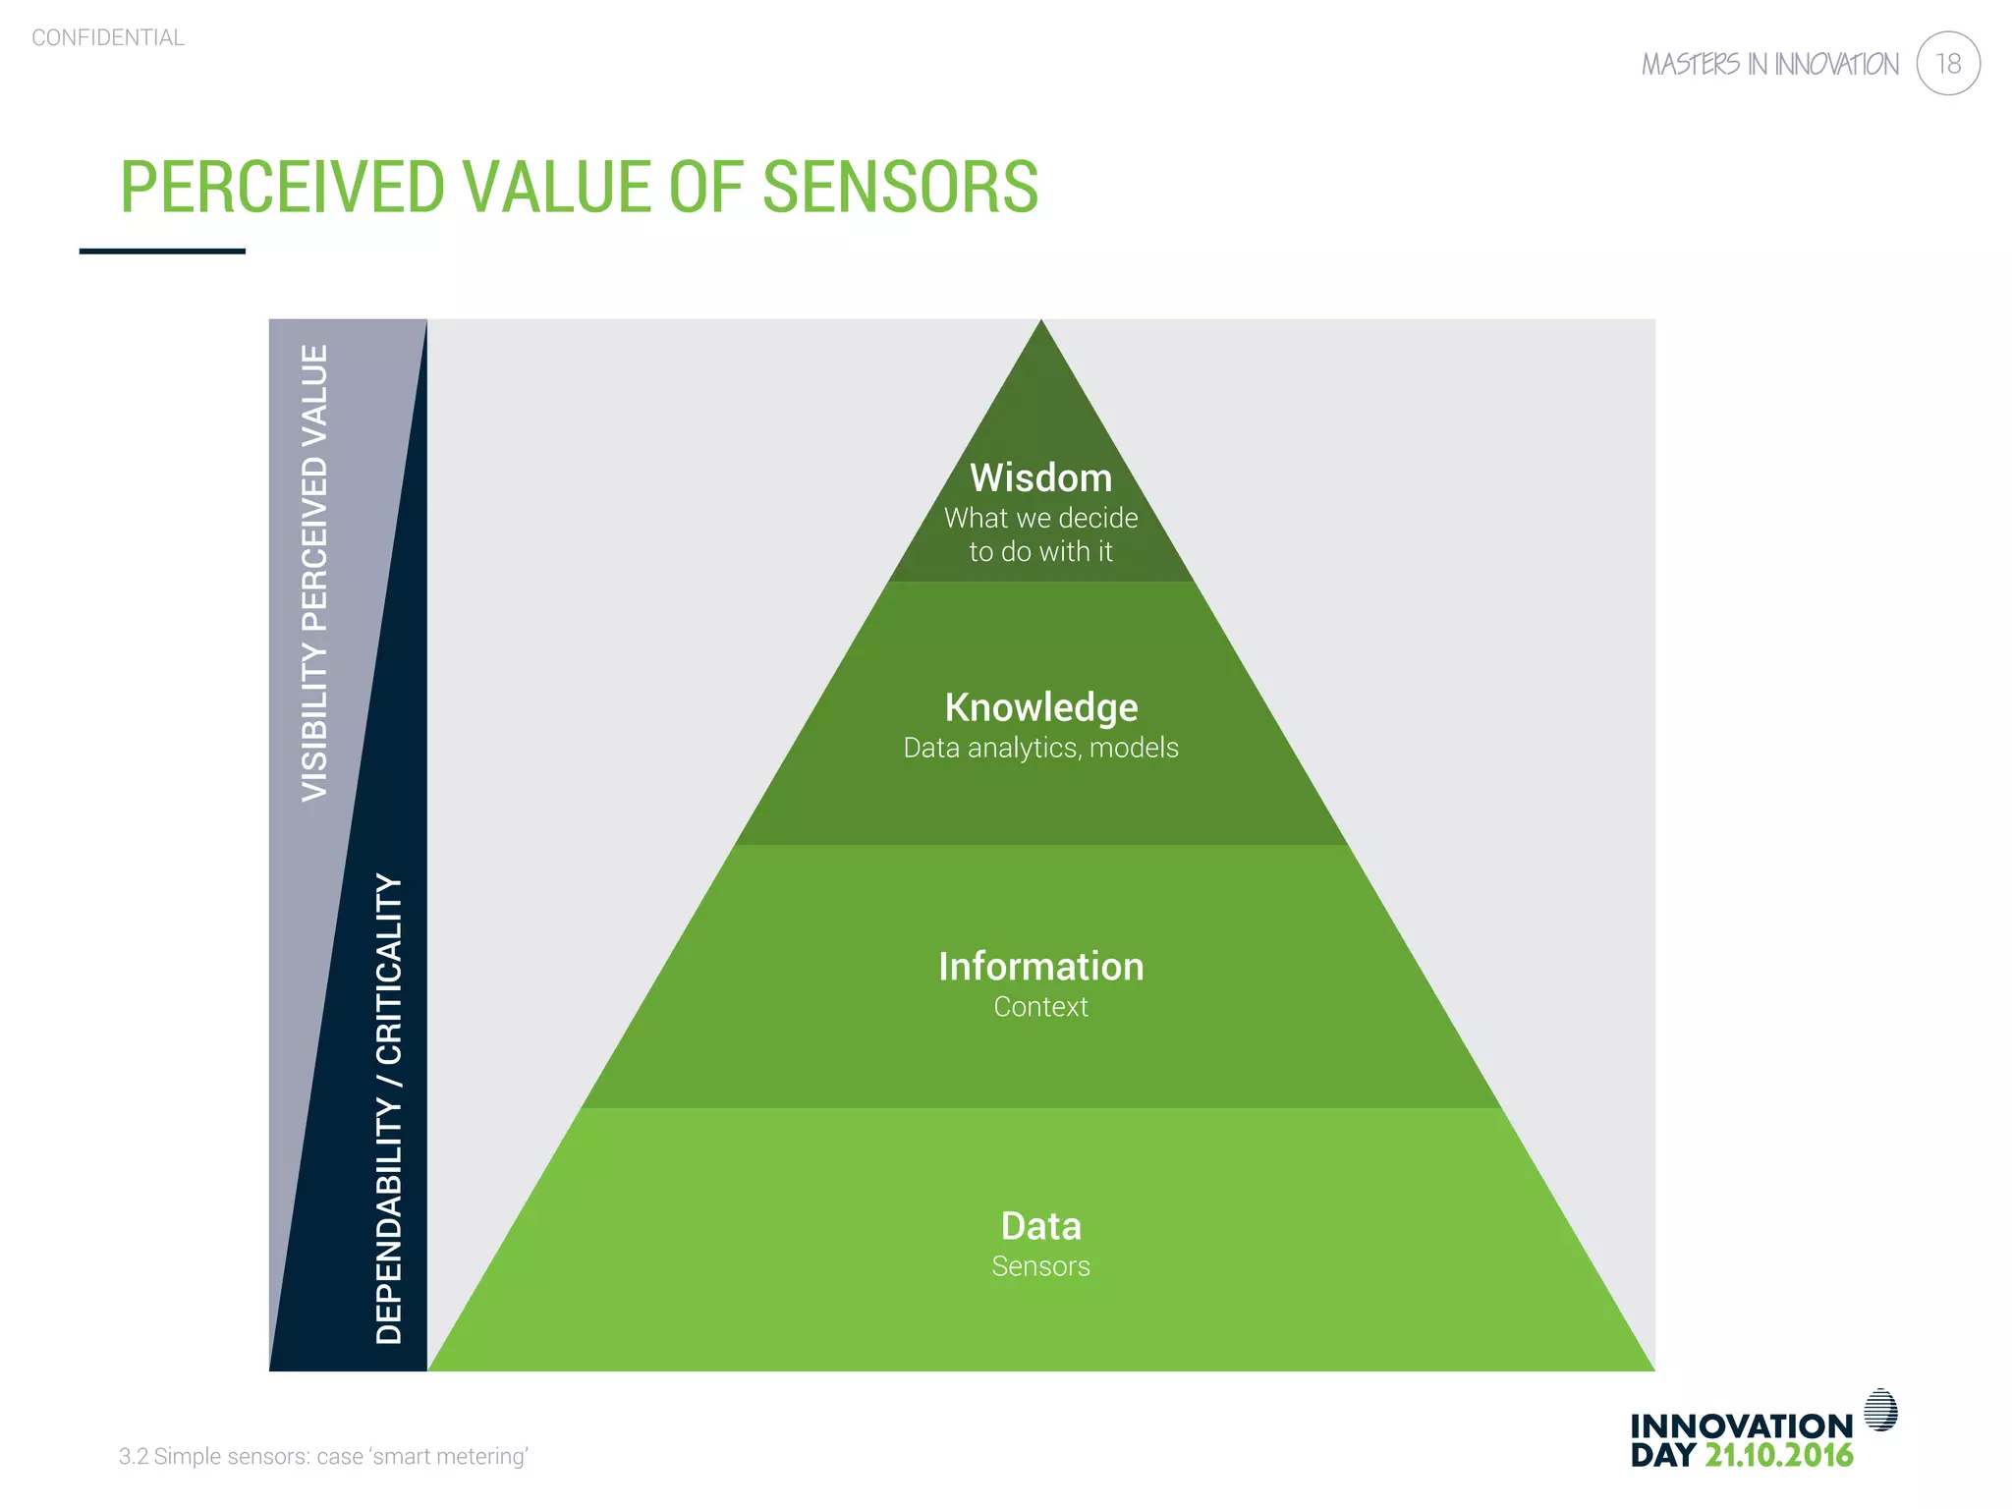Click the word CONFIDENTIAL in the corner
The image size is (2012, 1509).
(108, 38)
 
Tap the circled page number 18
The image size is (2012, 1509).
(1947, 64)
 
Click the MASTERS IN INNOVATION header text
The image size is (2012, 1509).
(1769, 65)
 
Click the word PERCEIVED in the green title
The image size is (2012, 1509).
(282, 187)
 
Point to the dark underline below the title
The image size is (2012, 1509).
(162, 251)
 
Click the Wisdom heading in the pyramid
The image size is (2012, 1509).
(1040, 478)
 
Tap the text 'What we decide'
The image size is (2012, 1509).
(1040, 518)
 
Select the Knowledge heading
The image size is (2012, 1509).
(1040, 707)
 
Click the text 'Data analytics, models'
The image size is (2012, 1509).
(1040, 748)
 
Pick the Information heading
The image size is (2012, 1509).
(1040, 967)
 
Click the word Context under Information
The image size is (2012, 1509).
(1040, 1007)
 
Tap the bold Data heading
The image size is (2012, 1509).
(1040, 1226)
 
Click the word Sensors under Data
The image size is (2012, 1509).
(1040, 1266)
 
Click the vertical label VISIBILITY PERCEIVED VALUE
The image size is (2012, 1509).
(314, 573)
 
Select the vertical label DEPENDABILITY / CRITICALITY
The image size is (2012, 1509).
(390, 1108)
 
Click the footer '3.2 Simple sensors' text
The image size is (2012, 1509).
(323, 1456)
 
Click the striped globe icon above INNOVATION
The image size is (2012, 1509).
(1880, 1410)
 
